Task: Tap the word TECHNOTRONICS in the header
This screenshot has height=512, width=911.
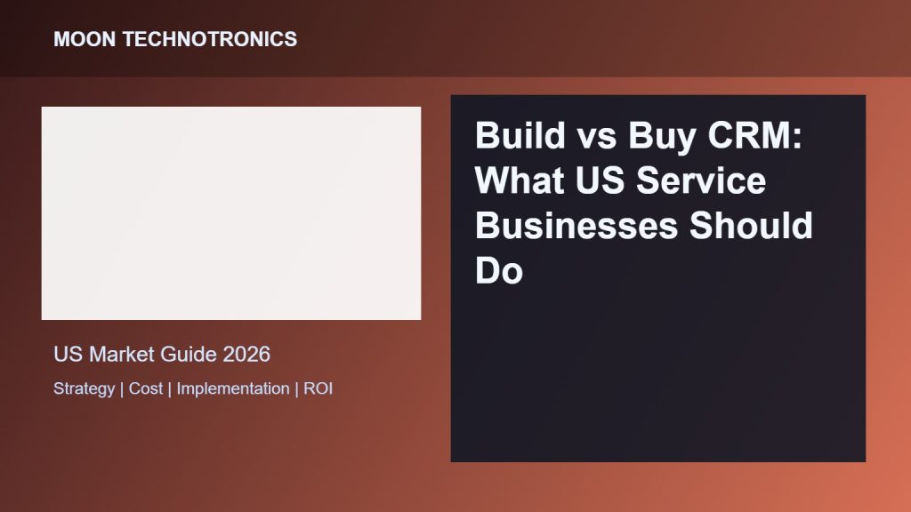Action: coord(210,39)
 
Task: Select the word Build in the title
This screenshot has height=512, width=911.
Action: coord(520,135)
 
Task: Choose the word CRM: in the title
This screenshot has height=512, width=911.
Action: coord(754,135)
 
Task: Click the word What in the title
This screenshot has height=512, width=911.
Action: coord(520,180)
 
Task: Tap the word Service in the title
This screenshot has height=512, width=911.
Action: coord(701,180)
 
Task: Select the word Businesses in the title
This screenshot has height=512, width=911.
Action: coord(576,226)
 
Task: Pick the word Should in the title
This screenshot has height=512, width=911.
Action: coord(751,226)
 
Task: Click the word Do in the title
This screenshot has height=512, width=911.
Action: coord(499,271)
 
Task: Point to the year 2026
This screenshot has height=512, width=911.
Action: coord(246,354)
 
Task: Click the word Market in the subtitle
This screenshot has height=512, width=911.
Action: coord(122,354)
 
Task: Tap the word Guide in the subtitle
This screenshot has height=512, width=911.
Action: coord(189,354)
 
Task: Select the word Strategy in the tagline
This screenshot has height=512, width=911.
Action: coord(85,389)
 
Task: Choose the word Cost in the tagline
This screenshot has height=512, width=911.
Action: coord(146,388)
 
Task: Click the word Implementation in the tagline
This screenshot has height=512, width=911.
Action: coord(233,389)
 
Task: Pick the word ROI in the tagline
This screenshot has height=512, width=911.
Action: coord(318,388)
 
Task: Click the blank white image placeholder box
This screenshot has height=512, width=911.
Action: coord(231,213)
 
